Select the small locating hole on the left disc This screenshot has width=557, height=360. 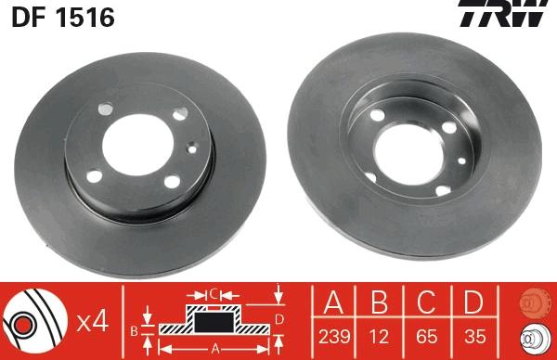click(190, 146)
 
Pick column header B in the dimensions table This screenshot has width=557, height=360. click(377, 302)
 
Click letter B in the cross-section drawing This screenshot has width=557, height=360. click(134, 328)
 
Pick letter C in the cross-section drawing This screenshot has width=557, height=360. click(214, 295)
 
